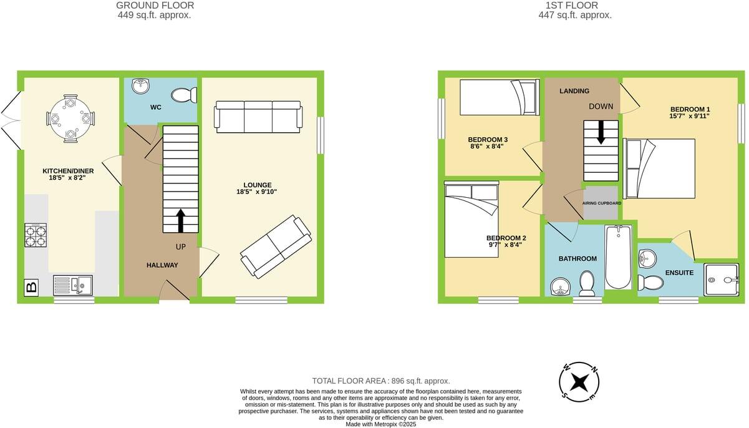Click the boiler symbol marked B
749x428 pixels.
[x=30, y=288]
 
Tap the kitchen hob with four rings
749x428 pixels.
[x=36, y=236]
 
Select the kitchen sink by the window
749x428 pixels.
[x=72, y=285]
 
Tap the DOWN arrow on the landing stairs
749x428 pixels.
[x=601, y=132]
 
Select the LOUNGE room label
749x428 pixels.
[x=258, y=185]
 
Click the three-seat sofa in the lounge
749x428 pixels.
[x=258, y=116]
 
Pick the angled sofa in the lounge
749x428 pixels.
[x=276, y=247]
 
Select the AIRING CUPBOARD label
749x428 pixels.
[x=602, y=203]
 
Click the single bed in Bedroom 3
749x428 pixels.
[x=500, y=98]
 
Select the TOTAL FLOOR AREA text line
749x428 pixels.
[x=380, y=381]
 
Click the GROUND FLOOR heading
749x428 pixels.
[x=154, y=6]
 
